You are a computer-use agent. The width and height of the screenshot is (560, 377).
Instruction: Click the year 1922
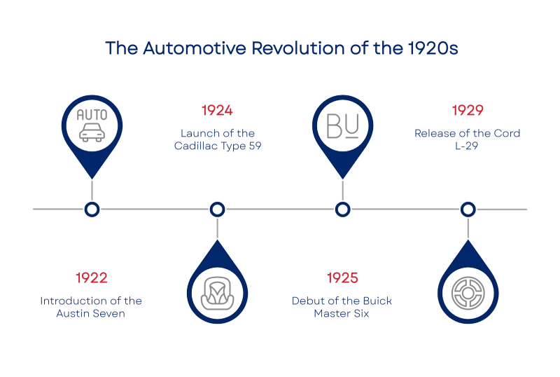click(92, 278)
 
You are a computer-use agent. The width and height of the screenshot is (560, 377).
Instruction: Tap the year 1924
click(217, 111)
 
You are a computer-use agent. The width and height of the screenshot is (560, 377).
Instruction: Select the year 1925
click(342, 278)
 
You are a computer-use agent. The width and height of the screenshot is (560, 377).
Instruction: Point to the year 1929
click(468, 111)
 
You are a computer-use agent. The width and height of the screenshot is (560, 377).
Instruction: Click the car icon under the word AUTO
click(92, 132)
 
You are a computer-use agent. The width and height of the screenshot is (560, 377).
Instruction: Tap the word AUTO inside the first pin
click(92, 115)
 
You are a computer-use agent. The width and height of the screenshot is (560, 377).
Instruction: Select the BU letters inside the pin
click(342, 125)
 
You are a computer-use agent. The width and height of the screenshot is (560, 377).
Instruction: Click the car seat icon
click(217, 294)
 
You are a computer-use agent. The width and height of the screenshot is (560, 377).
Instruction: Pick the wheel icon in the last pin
click(468, 294)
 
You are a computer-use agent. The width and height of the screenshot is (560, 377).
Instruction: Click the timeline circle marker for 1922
click(92, 210)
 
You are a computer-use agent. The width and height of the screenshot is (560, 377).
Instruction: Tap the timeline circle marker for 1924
click(217, 210)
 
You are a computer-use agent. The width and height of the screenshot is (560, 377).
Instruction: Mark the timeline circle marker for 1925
click(342, 210)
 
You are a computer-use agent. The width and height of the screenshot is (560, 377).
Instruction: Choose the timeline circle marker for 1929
click(468, 210)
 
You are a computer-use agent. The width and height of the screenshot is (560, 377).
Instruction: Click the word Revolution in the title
click(298, 48)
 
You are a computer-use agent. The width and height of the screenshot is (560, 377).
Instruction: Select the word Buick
click(377, 301)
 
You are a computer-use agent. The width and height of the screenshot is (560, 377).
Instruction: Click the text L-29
click(466, 146)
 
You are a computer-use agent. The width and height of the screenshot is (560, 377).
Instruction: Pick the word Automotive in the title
click(195, 48)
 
